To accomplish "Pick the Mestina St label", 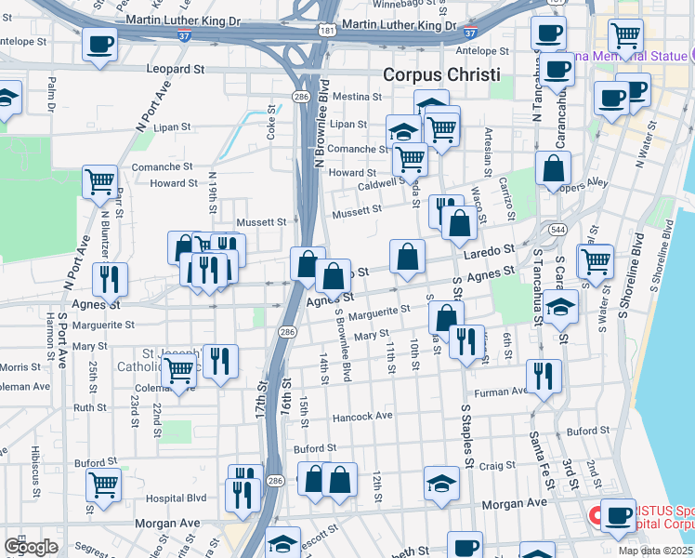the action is click(x=351, y=97).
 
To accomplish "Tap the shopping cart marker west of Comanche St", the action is click(x=99, y=180).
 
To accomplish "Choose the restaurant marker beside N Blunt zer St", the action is click(x=111, y=278).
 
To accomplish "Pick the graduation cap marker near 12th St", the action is click(x=441, y=481).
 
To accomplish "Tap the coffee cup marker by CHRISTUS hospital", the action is click(x=617, y=514).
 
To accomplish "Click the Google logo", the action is click(x=31, y=547).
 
